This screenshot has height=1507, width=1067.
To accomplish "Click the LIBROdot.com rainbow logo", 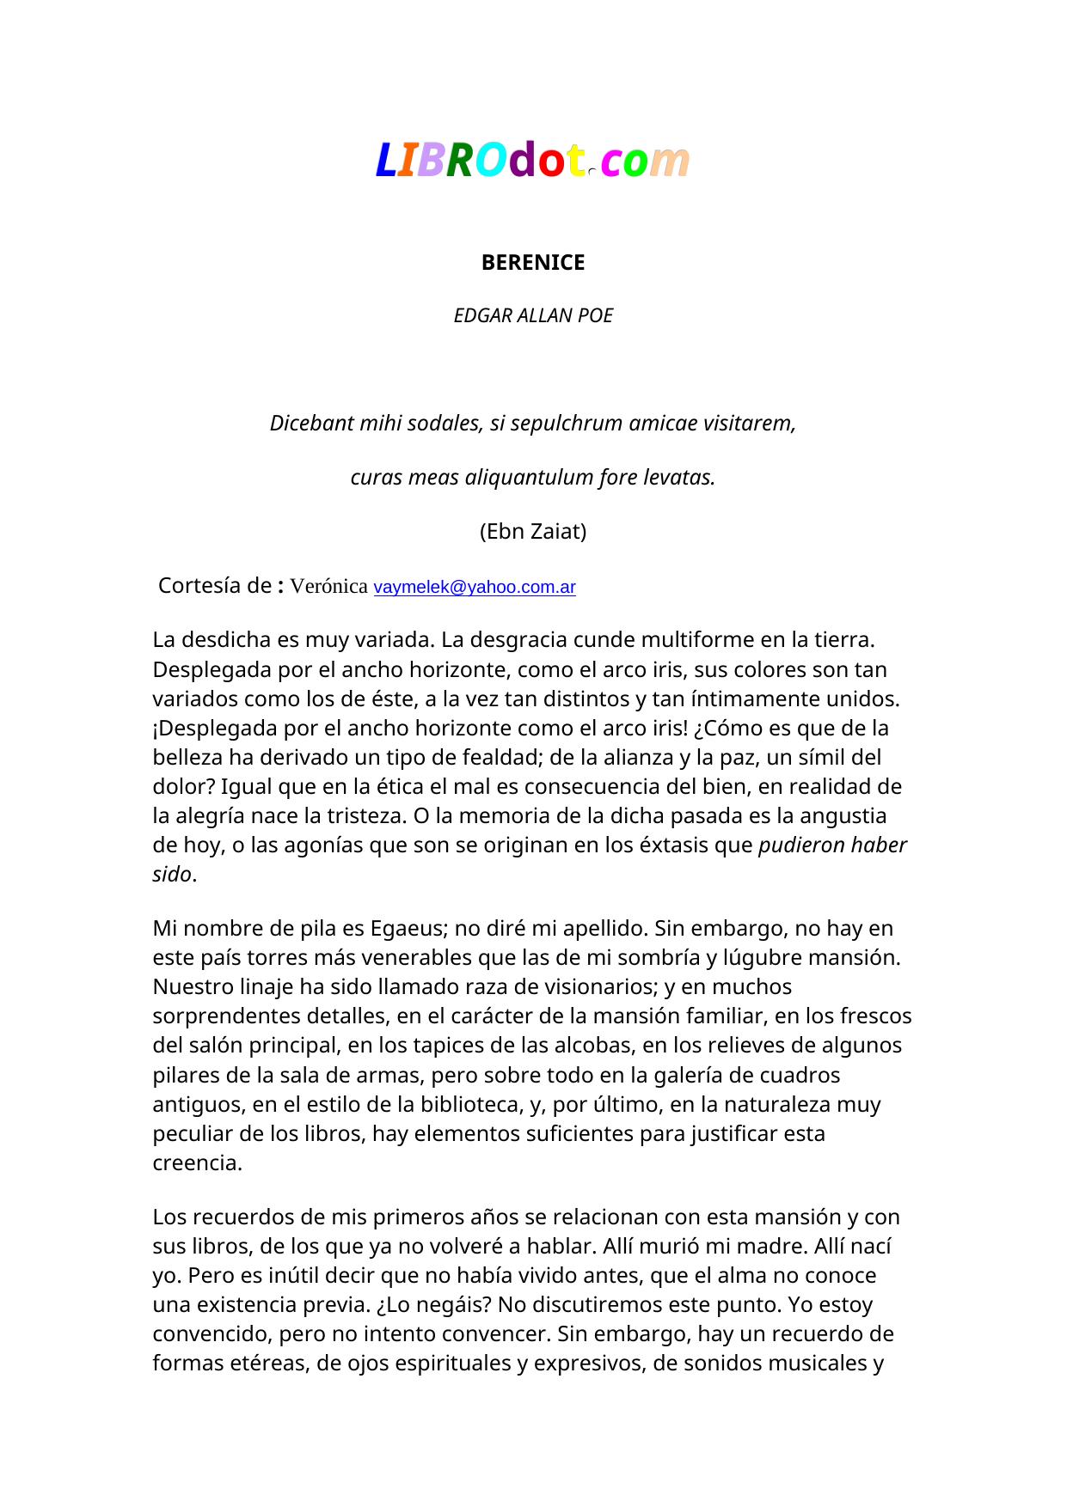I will click(x=532, y=161).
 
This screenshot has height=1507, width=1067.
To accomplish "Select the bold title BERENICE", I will click(x=533, y=263).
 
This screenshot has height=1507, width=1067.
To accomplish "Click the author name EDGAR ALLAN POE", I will click(x=533, y=316).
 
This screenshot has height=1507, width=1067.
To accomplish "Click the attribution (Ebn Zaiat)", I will click(x=533, y=532).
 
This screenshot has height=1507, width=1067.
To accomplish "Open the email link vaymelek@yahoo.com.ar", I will click(x=475, y=588).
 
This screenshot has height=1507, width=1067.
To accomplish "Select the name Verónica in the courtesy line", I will click(x=329, y=587).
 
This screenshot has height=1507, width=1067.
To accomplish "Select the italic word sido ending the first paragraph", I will click(x=172, y=875).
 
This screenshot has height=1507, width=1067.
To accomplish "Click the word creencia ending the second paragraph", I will click(x=197, y=1163).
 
